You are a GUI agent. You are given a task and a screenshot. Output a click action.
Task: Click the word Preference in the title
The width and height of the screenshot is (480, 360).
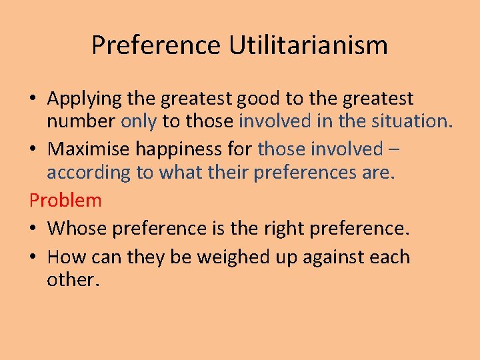155,45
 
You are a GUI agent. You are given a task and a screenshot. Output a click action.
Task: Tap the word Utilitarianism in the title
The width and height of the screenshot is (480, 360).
308,45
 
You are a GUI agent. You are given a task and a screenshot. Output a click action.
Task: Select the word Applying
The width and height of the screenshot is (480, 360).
85,99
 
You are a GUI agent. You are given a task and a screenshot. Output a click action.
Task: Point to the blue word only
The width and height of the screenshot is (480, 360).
139,122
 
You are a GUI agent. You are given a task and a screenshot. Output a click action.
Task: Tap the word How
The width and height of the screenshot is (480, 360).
64,257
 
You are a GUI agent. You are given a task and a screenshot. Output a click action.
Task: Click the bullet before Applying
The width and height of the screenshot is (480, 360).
33,99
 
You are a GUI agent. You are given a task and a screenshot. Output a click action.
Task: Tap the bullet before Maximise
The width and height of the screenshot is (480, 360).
33,149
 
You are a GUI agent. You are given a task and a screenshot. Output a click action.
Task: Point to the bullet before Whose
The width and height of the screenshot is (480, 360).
33,229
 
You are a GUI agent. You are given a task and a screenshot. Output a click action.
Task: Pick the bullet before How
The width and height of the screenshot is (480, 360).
33,257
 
